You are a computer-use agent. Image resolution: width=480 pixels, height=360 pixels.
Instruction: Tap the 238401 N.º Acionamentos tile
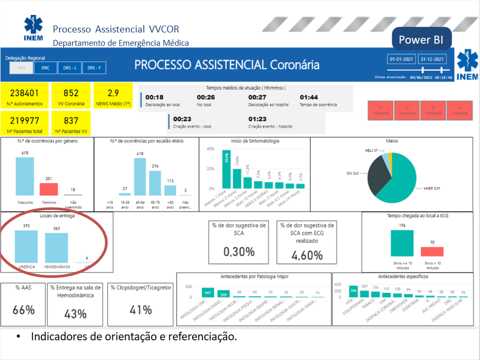[24, 96]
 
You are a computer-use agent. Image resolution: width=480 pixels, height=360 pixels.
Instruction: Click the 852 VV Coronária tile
[71, 96]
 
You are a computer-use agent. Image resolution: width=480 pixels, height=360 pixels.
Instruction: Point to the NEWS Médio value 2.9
[113, 93]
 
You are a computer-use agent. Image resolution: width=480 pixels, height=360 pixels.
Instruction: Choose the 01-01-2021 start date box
[401, 60]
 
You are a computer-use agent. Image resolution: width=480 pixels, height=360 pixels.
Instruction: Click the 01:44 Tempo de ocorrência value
[309, 97]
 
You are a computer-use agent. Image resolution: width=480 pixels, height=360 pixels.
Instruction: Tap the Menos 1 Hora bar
[226, 169]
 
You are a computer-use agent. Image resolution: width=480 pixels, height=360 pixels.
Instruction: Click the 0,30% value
[238, 252]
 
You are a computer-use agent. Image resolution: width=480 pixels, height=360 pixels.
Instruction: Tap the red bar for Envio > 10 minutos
[432, 251]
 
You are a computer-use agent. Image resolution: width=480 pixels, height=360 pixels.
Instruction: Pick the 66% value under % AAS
[23, 310]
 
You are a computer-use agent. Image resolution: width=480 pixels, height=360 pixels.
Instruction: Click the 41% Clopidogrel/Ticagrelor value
[140, 310]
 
